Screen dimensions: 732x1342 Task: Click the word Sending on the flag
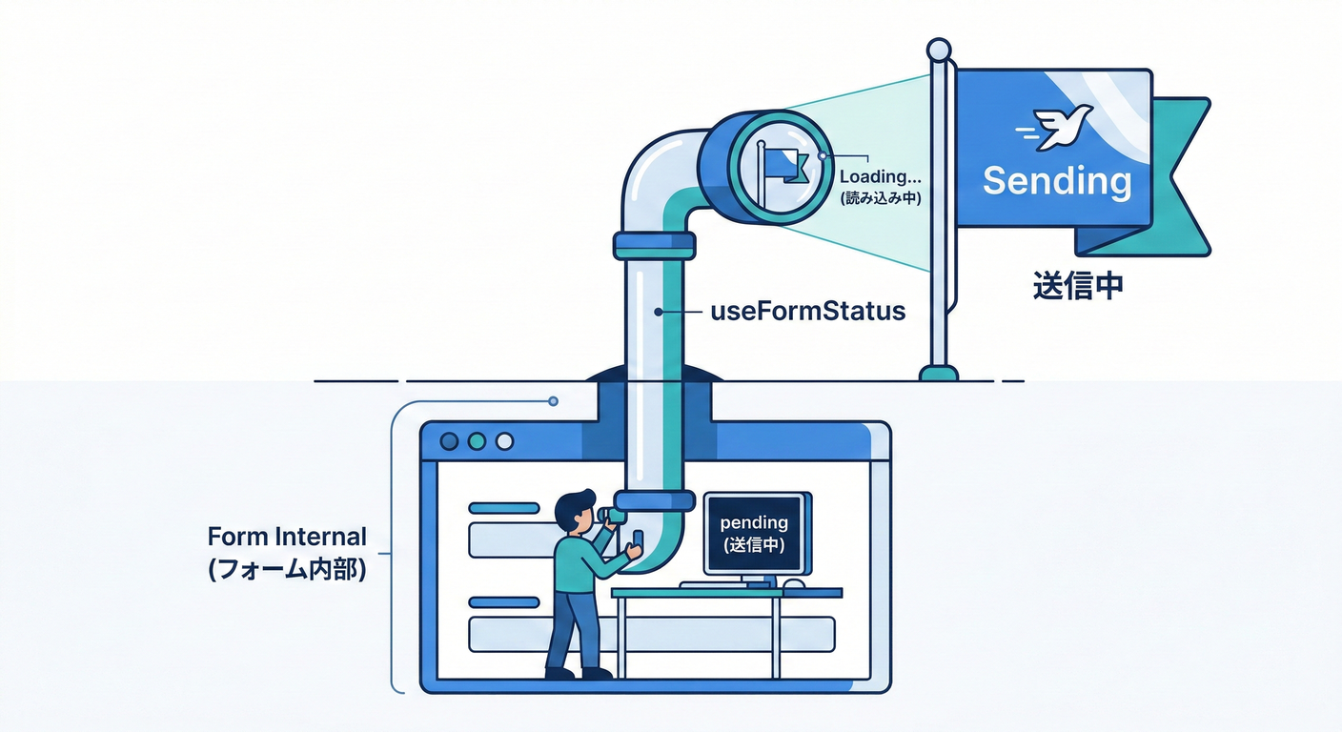(x=1057, y=180)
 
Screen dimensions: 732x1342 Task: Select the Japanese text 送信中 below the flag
(x=1077, y=286)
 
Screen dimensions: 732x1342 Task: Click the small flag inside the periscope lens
(x=784, y=166)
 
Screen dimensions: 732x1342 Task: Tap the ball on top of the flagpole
(x=939, y=49)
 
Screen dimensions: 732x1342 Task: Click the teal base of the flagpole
(x=939, y=372)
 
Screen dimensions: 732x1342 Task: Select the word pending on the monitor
(x=754, y=522)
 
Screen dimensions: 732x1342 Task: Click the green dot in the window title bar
(x=478, y=441)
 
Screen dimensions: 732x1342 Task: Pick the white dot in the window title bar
(x=505, y=441)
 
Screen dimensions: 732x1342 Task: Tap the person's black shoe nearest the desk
(x=597, y=673)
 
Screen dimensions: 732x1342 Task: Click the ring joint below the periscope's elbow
(x=654, y=246)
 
